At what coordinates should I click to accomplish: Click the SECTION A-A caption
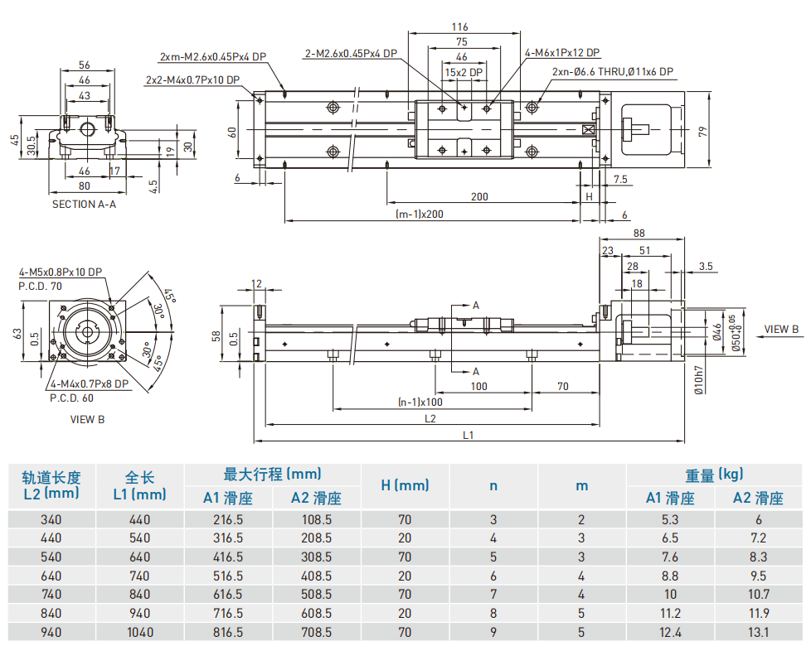coord(84,204)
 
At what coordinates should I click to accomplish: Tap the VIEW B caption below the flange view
coord(87,419)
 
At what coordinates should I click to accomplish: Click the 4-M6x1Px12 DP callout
coord(562,52)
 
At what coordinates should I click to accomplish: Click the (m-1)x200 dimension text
coord(420,214)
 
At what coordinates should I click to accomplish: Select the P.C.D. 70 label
coord(40,285)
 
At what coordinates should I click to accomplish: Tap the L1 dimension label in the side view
coord(468,435)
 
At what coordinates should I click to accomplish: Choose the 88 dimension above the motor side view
coord(639,234)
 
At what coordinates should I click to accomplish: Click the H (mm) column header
coord(405,485)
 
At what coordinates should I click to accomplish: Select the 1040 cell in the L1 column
coord(140,631)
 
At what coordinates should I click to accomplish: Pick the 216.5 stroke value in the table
coord(227,520)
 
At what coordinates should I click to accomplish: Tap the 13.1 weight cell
coord(758,631)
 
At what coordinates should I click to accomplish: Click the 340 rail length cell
coord(51,520)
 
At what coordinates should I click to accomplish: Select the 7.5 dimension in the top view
coord(619,179)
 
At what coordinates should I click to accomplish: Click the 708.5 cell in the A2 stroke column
coord(316,631)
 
